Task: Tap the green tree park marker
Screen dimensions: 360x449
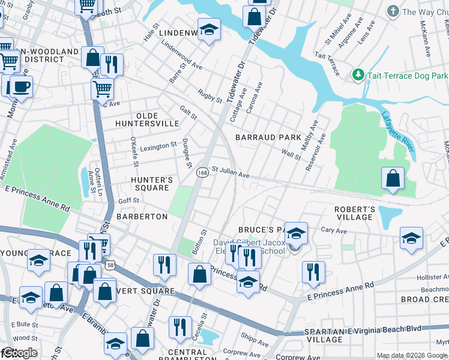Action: click(358, 74)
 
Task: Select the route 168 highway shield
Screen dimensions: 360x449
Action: click(202, 172)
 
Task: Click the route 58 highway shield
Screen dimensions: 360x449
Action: click(110, 264)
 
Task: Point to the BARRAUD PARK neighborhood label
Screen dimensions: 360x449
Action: click(268, 137)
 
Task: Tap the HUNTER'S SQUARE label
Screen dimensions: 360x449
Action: click(151, 184)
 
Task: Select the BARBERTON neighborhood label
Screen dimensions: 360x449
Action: click(142, 217)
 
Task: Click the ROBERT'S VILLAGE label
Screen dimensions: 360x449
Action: click(355, 213)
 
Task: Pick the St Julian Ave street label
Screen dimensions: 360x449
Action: click(230, 173)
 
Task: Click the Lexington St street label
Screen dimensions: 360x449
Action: click(158, 145)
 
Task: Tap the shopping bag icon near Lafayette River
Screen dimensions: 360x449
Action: click(392, 178)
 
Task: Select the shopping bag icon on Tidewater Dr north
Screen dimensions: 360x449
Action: click(254, 16)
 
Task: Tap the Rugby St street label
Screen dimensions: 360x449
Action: click(210, 95)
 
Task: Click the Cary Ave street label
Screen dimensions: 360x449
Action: click(334, 230)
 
